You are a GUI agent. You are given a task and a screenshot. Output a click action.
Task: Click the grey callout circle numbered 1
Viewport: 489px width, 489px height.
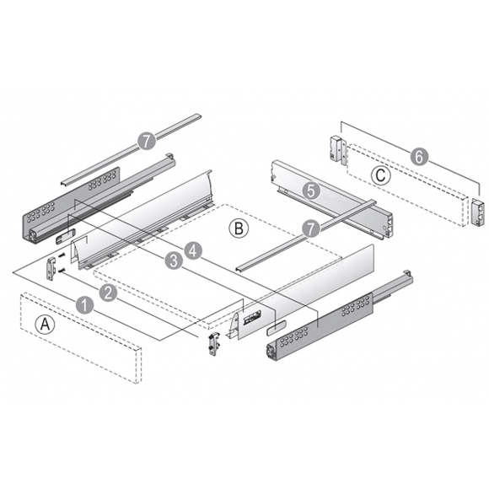point(83,304)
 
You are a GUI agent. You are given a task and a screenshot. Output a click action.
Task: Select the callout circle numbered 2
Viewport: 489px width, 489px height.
point(108,292)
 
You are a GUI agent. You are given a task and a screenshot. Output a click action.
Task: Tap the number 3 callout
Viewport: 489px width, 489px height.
point(173,261)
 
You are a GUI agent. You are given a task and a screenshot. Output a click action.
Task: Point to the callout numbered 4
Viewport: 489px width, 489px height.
point(193,250)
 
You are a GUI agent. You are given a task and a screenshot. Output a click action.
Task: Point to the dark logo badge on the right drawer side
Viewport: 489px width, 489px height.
point(253,320)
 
